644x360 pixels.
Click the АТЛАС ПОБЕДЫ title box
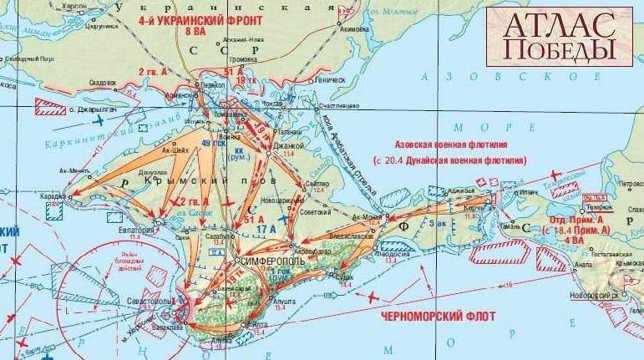pyautogui.click(x=560, y=37)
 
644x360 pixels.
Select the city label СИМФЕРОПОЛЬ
pyautogui.click(x=267, y=261)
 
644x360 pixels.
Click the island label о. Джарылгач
pyautogui.click(x=94, y=110)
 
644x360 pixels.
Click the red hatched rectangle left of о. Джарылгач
pyautogui.click(x=50, y=107)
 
